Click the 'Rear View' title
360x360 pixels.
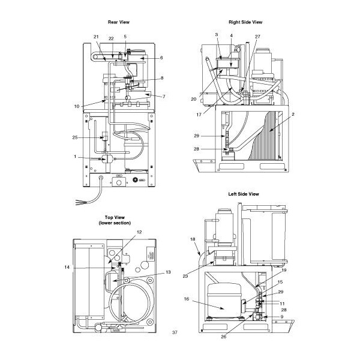tap(119, 22)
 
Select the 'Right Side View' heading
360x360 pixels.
tap(245, 22)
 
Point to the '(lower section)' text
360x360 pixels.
tap(118, 223)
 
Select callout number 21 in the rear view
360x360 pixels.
tap(96, 37)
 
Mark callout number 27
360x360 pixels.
tap(258, 37)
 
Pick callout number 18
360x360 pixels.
tap(193, 239)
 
